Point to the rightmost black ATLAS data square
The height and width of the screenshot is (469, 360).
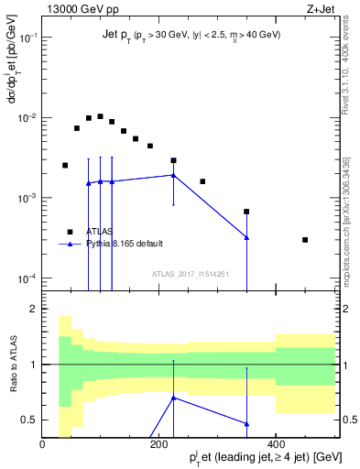point(305,240)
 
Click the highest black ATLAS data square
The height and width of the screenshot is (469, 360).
point(100,116)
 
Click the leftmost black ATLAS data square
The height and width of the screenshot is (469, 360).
point(65,165)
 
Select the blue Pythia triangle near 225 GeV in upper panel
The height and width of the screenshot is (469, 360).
point(173,175)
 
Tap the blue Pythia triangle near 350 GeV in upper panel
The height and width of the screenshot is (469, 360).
point(246,237)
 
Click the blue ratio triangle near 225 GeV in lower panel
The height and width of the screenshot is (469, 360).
point(173,398)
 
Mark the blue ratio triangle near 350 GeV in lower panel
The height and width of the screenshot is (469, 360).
point(246,423)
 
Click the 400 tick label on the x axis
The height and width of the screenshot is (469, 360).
point(276,444)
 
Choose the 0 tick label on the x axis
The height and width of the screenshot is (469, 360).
point(43,444)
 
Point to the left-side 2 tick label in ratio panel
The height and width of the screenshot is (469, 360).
point(34,310)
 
